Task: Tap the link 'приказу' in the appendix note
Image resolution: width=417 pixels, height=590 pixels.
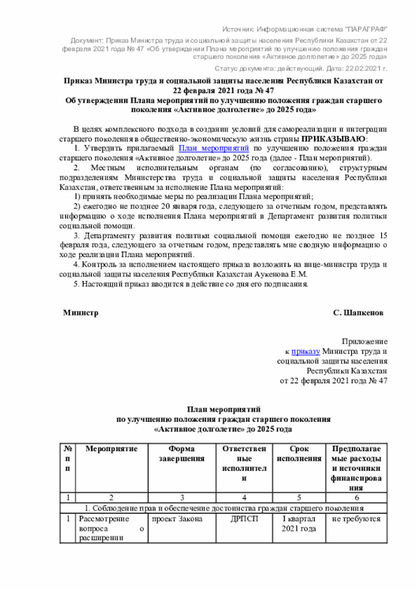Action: [x=304, y=351]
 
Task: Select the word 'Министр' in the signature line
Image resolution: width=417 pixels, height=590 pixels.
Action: [x=80, y=313]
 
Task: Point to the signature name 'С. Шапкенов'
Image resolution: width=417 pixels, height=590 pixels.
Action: [x=358, y=313]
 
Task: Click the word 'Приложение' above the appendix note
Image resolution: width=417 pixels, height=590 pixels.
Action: [x=365, y=341]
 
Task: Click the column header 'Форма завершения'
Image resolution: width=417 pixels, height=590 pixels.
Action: [x=180, y=454]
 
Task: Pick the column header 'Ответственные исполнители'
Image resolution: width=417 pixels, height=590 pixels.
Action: [x=244, y=464]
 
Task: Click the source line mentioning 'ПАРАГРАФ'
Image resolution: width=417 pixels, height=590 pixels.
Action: [x=304, y=31]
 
